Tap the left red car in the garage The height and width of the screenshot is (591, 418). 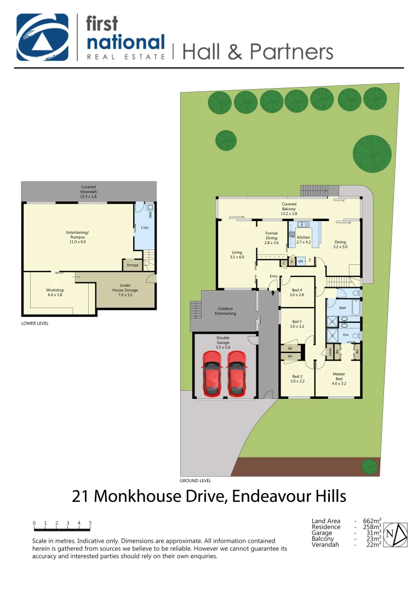coord(211,374)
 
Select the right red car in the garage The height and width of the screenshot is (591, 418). coord(236,374)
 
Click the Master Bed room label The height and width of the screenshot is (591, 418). coord(339,379)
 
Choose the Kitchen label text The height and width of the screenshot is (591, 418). coord(304,239)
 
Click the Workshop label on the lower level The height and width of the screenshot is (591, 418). coord(55,292)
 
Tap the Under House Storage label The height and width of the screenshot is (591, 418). coord(121,288)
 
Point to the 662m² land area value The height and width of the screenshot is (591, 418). coord(372,521)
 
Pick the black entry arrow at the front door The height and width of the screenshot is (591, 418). coord(273,294)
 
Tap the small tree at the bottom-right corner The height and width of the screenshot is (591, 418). coord(370,467)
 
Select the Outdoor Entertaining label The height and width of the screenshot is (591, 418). coord(225,311)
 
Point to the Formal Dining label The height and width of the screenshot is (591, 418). coord(272,237)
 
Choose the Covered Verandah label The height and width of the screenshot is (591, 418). coord(88,189)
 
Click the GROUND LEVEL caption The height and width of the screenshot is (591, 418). coord(195,480)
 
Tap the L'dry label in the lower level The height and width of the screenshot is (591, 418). coord(145,228)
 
